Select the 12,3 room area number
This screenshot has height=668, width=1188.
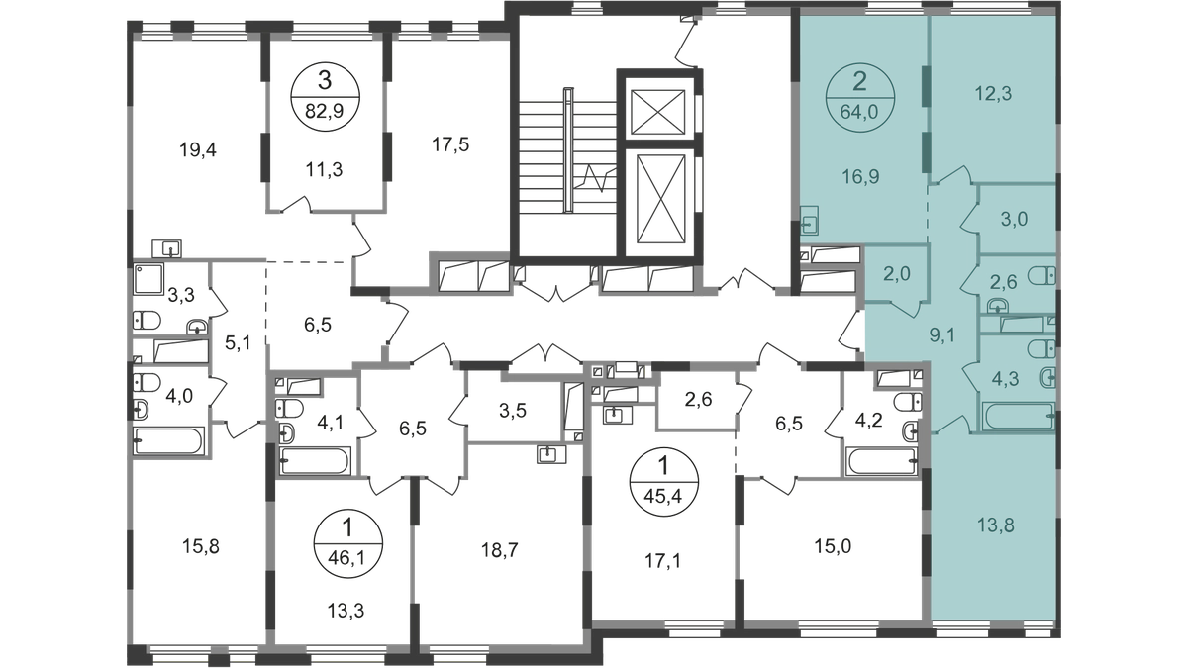992,95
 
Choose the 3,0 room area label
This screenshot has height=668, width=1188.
1012,220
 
